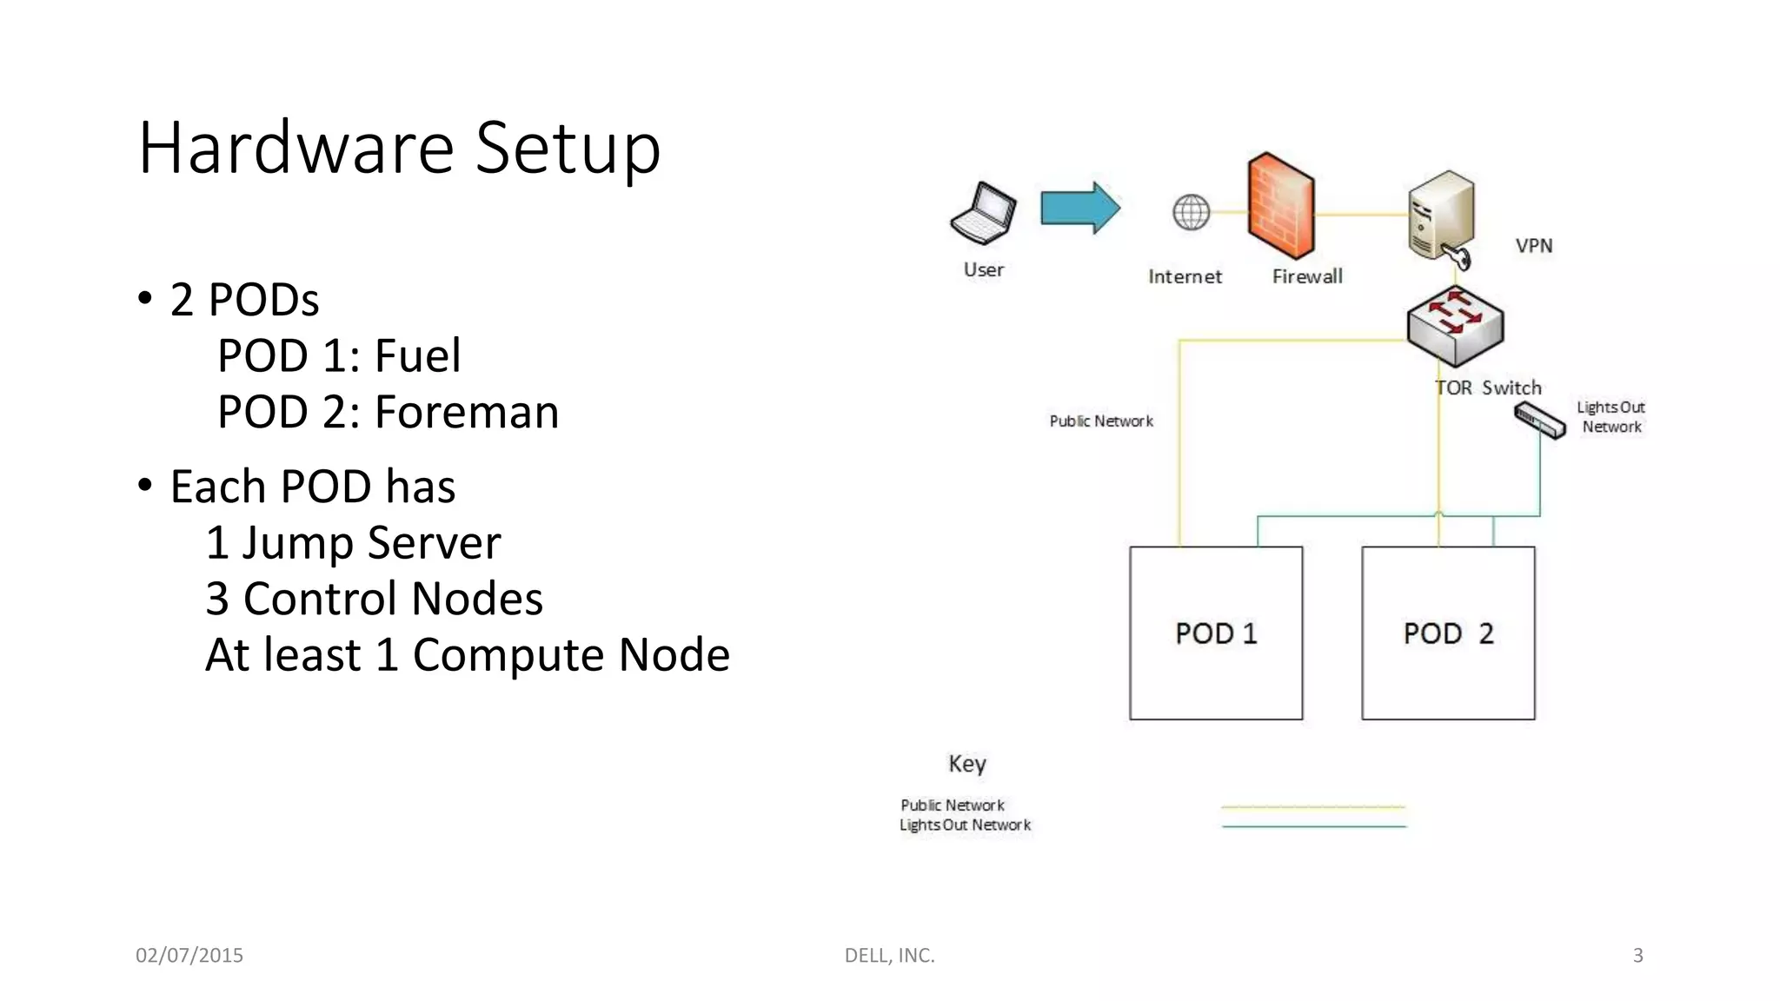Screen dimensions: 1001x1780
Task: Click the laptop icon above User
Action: click(x=983, y=213)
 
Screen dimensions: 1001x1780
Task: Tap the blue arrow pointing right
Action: click(x=1079, y=209)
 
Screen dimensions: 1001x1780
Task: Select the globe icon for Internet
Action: click(x=1191, y=212)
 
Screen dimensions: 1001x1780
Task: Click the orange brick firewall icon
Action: click(x=1280, y=206)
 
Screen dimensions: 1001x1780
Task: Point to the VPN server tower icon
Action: click(x=1440, y=215)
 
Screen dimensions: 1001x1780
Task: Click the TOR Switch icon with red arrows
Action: click(x=1455, y=325)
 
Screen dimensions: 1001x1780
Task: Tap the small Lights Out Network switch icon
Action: click(x=1539, y=421)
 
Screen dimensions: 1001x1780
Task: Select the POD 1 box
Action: click(x=1215, y=633)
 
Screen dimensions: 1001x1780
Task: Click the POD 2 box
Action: click(x=1448, y=633)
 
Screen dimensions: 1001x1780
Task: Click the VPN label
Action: click(x=1533, y=246)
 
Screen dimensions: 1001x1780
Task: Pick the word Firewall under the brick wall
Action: click(x=1307, y=276)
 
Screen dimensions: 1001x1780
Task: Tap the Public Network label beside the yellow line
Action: click(x=1100, y=421)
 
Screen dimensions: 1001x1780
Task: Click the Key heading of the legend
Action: click(x=966, y=764)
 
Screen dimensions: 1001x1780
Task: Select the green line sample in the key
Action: click(x=1313, y=826)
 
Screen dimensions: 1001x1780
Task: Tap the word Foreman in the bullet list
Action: click(x=467, y=412)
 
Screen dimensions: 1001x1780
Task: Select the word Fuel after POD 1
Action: click(x=417, y=355)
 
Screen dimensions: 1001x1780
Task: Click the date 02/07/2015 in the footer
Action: click(x=189, y=955)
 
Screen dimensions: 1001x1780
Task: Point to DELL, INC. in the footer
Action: click(x=889, y=955)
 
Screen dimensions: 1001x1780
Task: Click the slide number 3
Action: click(x=1637, y=955)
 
